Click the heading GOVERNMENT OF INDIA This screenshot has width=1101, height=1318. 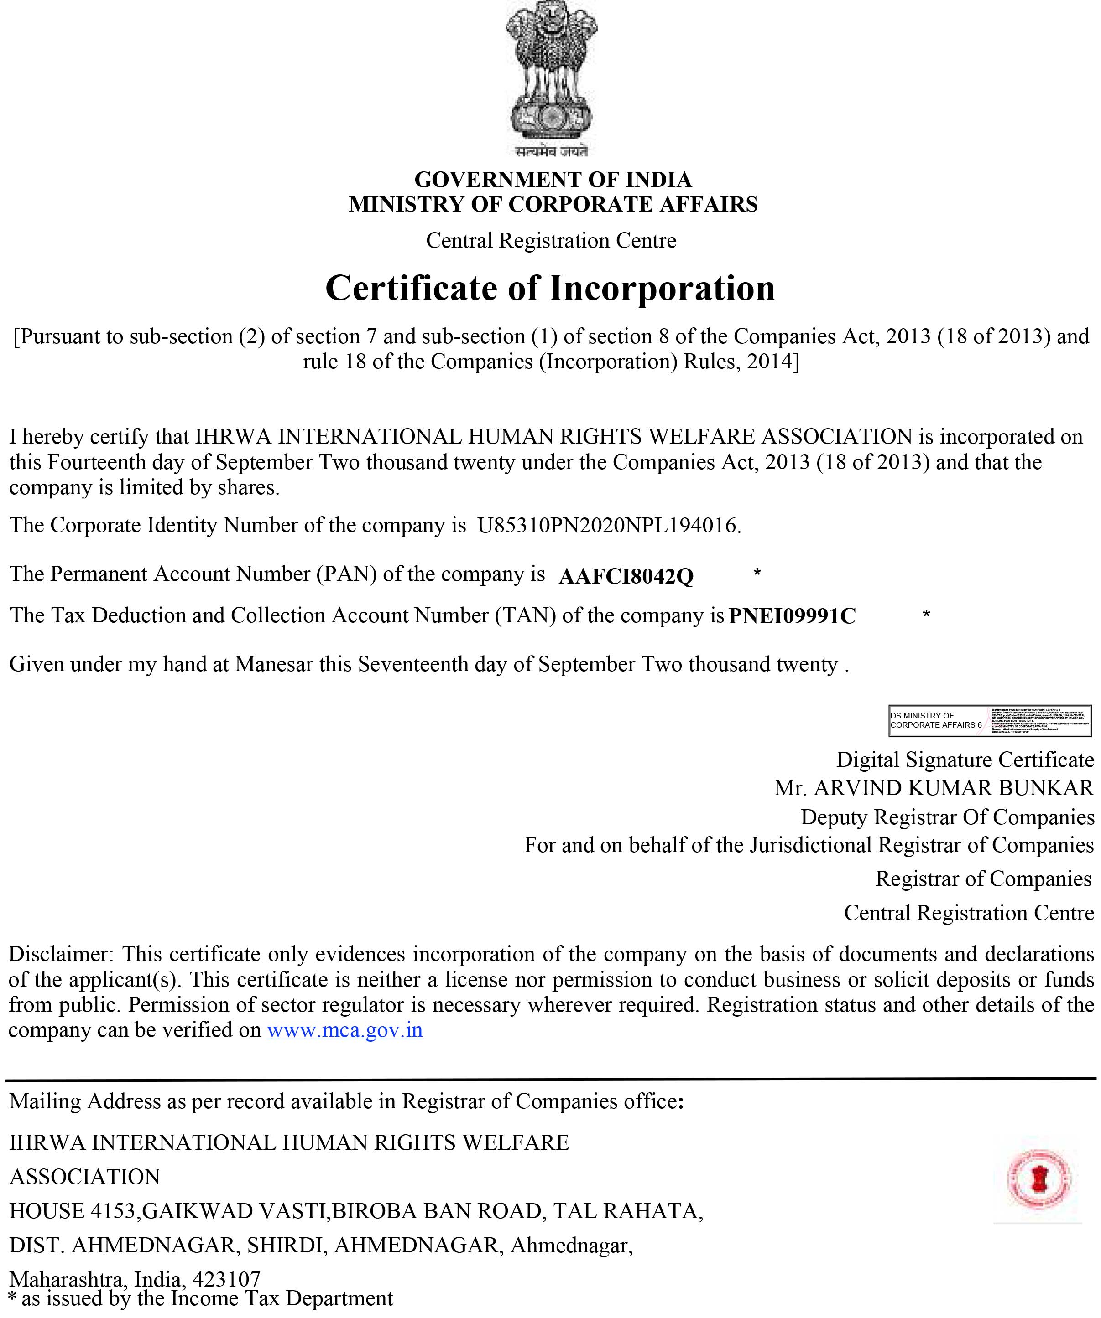point(553,180)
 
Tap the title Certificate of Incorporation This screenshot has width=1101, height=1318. point(550,288)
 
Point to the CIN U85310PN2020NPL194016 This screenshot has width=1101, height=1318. point(608,525)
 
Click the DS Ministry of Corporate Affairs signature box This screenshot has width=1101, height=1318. point(990,720)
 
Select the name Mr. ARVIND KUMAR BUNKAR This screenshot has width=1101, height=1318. point(934,788)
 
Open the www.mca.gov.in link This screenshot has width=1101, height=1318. point(345,1030)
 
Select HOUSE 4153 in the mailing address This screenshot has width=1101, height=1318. point(73,1211)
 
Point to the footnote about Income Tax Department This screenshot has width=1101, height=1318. point(201,1298)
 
